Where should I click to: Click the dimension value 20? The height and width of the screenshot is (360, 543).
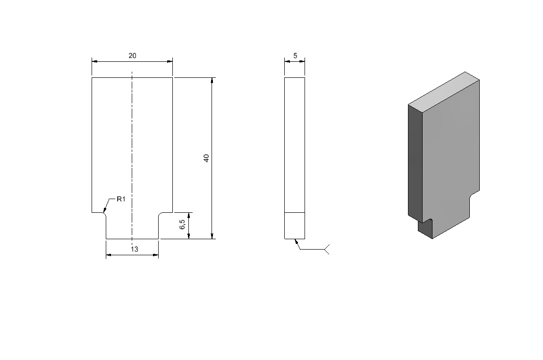[132, 56]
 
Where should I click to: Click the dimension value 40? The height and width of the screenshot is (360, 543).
[206, 158]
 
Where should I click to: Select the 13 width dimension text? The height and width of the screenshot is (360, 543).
[135, 249]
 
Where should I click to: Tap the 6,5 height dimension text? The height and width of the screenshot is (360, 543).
[183, 224]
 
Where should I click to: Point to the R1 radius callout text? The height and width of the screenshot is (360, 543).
[121, 199]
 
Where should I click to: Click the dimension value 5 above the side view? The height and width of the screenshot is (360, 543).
[295, 56]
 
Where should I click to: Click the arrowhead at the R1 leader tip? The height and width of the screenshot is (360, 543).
[104, 210]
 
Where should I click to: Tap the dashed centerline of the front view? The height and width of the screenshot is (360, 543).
[132, 156]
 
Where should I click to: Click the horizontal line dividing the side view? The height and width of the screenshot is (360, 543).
[295, 212]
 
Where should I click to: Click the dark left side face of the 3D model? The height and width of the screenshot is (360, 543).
[415, 163]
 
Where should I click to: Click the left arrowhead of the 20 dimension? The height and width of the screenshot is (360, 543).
[94, 62]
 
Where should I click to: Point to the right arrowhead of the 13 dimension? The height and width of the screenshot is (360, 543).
[156, 255]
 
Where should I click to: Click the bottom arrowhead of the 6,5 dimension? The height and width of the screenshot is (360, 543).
[189, 236]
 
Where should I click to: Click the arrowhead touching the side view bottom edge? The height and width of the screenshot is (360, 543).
[297, 241]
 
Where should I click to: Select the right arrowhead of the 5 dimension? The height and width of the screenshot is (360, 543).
[302, 62]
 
